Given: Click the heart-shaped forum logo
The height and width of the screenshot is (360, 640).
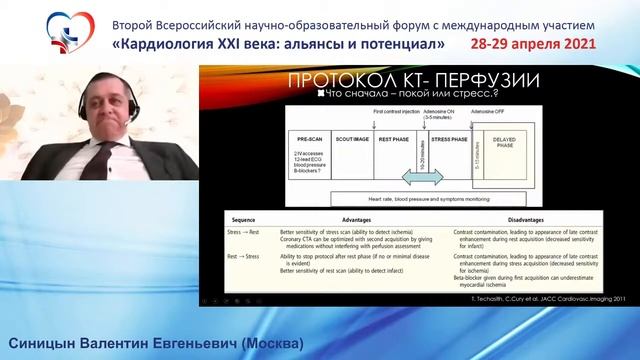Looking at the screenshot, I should pos(37,33).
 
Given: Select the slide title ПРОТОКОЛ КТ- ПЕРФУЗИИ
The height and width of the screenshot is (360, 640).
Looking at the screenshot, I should pos(412,79).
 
